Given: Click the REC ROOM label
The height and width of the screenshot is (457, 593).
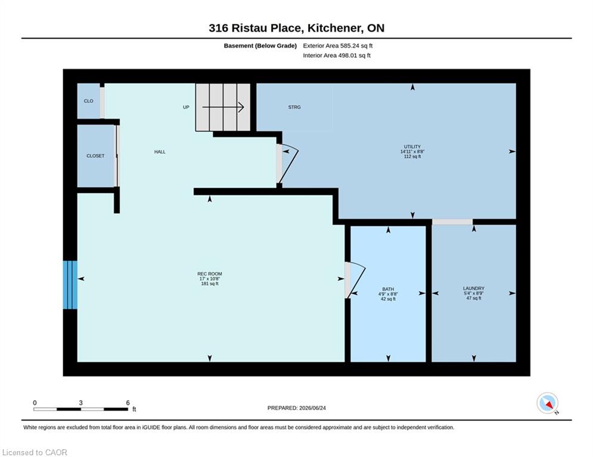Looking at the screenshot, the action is pos(210,274).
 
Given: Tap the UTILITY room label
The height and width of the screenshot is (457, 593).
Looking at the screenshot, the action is pos(412,146).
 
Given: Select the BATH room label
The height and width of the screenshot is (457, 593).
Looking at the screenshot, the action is pos(388,289).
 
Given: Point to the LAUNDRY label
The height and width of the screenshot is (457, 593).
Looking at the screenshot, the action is pos(473,288).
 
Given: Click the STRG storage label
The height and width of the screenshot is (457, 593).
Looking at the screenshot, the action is pos(294,107).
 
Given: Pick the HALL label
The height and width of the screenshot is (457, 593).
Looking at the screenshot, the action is pos(160,152).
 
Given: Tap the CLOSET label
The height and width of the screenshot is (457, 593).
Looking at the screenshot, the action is pos(95,156).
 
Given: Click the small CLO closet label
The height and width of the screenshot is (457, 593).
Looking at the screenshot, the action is pos(88,101).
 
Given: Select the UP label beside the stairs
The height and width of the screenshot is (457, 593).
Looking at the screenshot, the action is pos(186,107).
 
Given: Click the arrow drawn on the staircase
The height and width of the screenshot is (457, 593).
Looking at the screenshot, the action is pos(223,107).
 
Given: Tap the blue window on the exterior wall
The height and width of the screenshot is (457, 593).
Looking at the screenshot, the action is pos(70,285).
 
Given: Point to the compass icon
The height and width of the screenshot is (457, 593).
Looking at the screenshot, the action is pos(547,403).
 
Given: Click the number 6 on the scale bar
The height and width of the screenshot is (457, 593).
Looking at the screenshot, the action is pos(128,403).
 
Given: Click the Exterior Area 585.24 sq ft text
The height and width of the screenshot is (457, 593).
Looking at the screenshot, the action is pos(338,46).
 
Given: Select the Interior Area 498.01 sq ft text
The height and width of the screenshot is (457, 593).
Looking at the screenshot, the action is pos(337,55).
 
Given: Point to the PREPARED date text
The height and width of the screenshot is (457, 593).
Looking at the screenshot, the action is pos(297,408).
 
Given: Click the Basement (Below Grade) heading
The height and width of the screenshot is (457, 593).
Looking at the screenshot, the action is pos(260,46).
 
